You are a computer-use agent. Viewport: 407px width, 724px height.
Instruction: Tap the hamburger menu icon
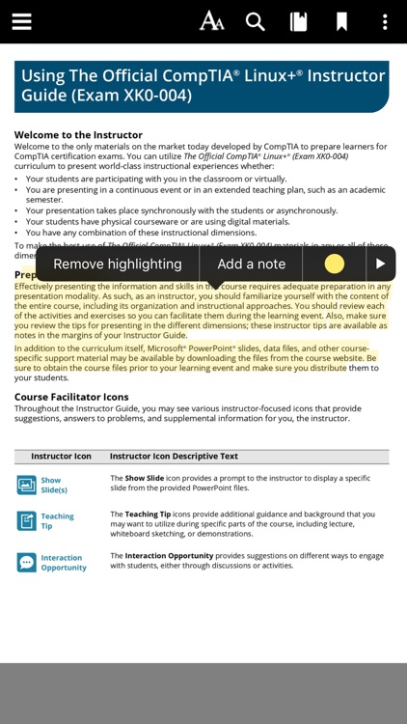pyautogui.click(x=21, y=21)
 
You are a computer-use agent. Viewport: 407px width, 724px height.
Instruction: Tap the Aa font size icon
pyautogui.click(x=211, y=21)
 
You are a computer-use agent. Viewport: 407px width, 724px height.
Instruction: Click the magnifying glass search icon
pyautogui.click(x=255, y=21)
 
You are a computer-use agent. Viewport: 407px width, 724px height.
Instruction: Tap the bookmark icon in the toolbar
pyautogui.click(x=341, y=21)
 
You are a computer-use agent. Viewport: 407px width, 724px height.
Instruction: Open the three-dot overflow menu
pyautogui.click(x=385, y=21)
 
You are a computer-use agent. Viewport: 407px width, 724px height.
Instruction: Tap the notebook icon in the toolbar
pyautogui.click(x=299, y=21)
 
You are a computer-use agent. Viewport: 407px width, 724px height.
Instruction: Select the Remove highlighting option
pyautogui.click(x=117, y=264)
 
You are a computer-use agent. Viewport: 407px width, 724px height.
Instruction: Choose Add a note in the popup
pyautogui.click(x=251, y=264)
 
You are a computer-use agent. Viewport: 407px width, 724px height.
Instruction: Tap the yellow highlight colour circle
pyautogui.click(x=334, y=264)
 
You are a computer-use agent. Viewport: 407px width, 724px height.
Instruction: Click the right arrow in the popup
pyautogui.click(x=381, y=264)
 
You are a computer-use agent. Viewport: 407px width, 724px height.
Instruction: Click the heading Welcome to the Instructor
pyautogui.click(x=78, y=135)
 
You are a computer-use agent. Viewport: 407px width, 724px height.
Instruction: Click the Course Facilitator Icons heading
pyautogui.click(x=71, y=397)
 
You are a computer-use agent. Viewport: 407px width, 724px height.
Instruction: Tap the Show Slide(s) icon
pyautogui.click(x=26, y=485)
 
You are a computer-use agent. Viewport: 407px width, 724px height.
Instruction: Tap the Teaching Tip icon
pyautogui.click(x=26, y=521)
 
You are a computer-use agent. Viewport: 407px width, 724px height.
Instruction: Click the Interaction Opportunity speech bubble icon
pyautogui.click(x=26, y=562)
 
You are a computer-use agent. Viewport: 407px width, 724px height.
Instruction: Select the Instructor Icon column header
pyautogui.click(x=61, y=456)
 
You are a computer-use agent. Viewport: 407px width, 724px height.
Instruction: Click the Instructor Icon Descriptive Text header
pyautogui.click(x=174, y=456)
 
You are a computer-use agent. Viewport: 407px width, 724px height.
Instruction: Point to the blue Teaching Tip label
pyautogui.click(x=57, y=521)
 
